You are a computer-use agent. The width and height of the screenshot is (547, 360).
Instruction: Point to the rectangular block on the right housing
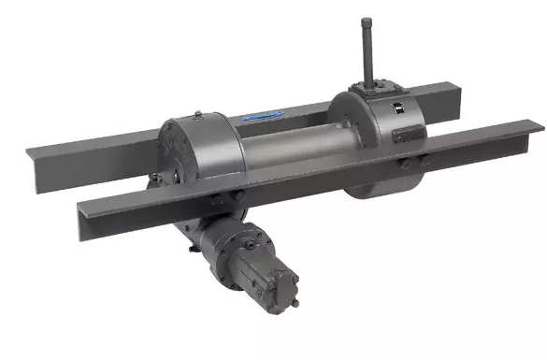[x=406, y=137]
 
